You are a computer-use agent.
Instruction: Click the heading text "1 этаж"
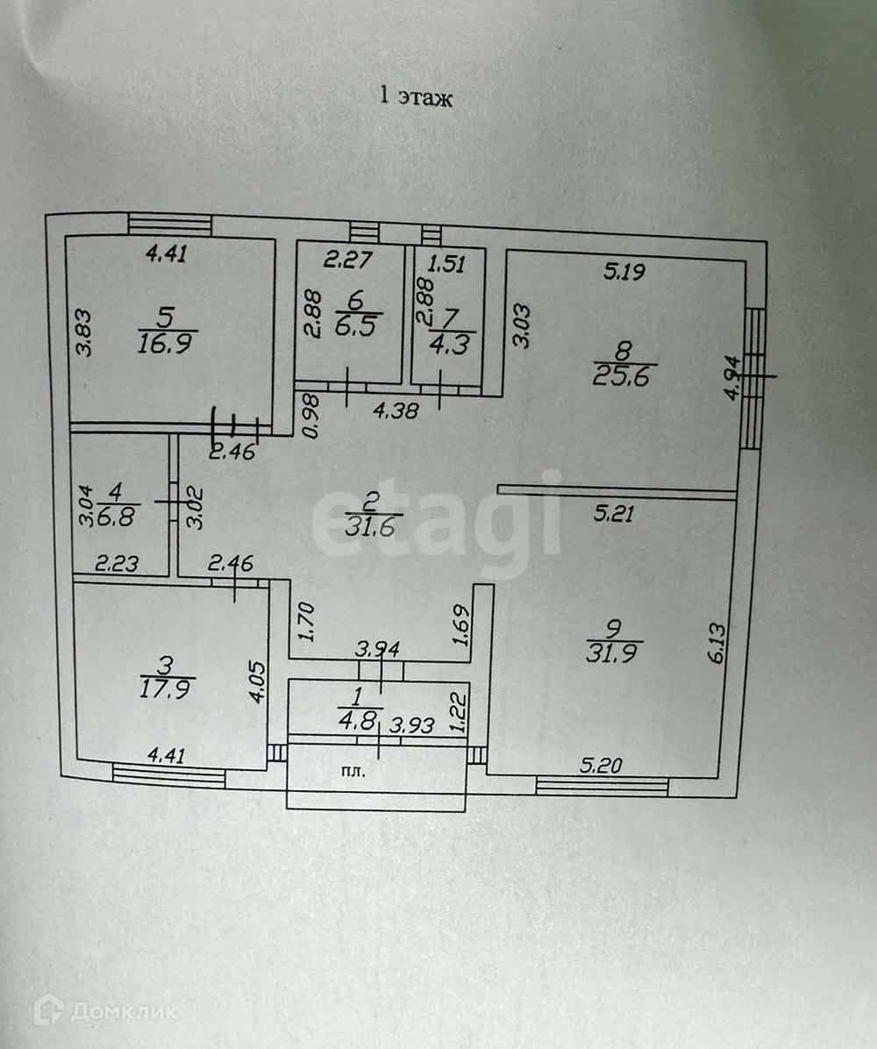(416, 97)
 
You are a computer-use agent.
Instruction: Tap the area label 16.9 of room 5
(166, 342)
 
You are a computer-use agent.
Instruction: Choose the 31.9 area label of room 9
(614, 653)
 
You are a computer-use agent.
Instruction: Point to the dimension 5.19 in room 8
(624, 273)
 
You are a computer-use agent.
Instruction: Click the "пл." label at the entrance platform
(354, 773)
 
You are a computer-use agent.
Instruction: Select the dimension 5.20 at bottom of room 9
(602, 765)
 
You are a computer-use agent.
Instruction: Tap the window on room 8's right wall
(754, 377)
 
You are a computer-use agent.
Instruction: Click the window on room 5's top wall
(169, 224)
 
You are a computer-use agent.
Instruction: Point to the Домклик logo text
(123, 1011)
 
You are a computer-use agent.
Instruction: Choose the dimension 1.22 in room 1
(456, 712)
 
